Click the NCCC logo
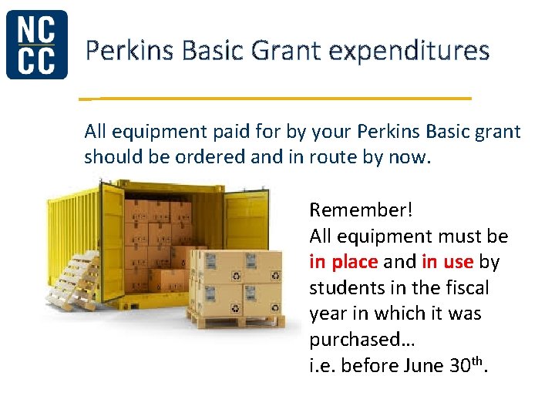tap(36, 45)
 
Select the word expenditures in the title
tap(409, 52)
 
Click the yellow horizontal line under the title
tap(275, 99)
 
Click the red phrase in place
tap(343, 262)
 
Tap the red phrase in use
tap(448, 262)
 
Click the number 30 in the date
tap(458, 366)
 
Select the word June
tap(423, 366)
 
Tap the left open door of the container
tap(113, 239)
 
